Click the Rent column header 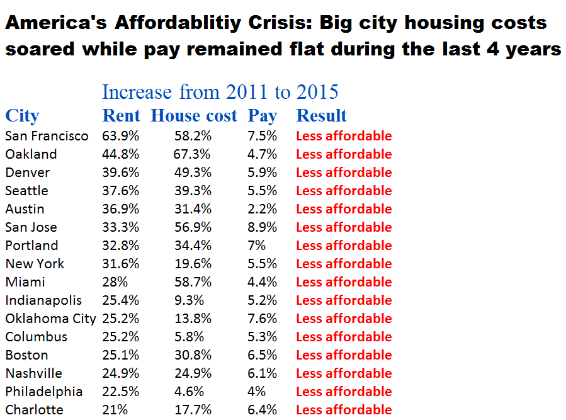pos(121,116)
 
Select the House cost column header pos(194,116)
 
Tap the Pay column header pos(262,116)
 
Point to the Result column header pos(321,116)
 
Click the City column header pos(22,116)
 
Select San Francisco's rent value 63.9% pos(120,136)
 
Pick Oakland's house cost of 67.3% pos(192,154)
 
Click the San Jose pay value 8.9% pos(262,227)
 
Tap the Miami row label pos(25,282)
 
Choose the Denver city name pos(28,173)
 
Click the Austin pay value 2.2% pos(262,209)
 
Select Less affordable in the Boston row pos(344,355)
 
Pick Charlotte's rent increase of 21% pos(115,410)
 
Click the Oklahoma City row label pos(50,319)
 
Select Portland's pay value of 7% pos(257,246)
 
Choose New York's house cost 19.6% pos(192,264)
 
